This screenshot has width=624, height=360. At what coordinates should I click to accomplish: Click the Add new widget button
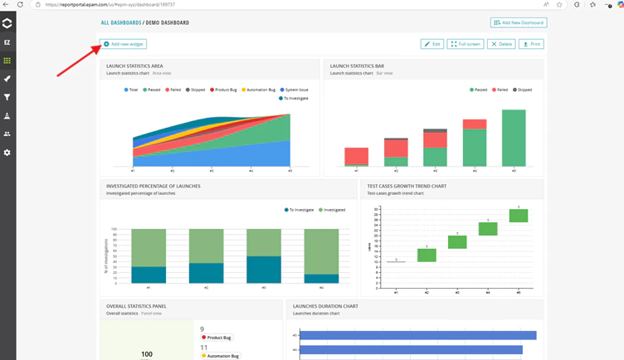(x=124, y=44)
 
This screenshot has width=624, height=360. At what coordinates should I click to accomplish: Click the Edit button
(x=432, y=44)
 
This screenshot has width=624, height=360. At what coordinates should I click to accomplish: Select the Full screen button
(x=466, y=44)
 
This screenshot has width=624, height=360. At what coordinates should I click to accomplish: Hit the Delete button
(x=501, y=44)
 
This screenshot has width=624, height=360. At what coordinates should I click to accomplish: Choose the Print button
(x=531, y=44)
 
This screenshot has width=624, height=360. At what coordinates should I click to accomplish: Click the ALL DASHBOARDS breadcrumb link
(x=120, y=23)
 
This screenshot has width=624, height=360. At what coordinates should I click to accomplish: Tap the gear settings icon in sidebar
(x=7, y=153)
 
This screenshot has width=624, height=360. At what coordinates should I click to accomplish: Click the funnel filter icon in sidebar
(x=7, y=97)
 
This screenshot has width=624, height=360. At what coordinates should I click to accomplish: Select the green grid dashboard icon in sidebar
(x=7, y=61)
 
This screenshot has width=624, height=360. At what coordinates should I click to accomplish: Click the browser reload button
(x=20, y=5)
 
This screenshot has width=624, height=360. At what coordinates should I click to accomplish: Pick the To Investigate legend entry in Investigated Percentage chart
(x=301, y=210)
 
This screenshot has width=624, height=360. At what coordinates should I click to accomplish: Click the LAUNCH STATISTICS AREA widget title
(x=134, y=66)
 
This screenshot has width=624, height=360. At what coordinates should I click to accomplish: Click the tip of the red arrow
(x=100, y=47)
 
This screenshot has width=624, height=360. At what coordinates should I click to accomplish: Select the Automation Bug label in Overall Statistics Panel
(x=222, y=356)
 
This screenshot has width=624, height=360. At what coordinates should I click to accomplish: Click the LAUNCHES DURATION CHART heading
(x=325, y=306)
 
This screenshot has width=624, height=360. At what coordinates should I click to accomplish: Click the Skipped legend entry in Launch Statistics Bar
(x=523, y=90)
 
